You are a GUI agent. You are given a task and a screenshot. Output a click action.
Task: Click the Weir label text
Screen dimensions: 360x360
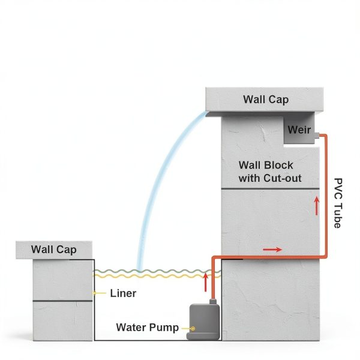[x=299, y=130]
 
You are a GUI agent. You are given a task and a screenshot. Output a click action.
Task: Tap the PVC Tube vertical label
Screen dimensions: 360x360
[x=338, y=203]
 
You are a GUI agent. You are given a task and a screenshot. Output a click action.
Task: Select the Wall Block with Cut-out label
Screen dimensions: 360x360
[x=270, y=172]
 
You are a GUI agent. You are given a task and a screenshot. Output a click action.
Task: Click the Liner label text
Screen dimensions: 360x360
[x=123, y=293]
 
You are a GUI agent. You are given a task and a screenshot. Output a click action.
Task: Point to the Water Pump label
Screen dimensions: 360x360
[x=148, y=328]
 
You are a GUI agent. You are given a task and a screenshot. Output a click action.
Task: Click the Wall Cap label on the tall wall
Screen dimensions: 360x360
[x=266, y=100]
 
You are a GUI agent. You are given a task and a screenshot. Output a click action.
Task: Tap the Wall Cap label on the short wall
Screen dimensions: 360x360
[x=54, y=250]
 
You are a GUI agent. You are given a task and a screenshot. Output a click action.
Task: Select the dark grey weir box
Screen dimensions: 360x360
[x=299, y=130]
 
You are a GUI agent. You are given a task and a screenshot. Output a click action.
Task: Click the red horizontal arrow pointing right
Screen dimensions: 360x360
[x=272, y=250]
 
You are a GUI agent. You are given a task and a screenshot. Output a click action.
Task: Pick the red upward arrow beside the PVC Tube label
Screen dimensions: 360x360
[x=317, y=206]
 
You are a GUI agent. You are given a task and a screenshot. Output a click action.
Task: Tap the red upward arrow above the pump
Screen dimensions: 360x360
[x=205, y=283]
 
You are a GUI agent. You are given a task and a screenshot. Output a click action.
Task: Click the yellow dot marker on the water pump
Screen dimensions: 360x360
[x=193, y=329]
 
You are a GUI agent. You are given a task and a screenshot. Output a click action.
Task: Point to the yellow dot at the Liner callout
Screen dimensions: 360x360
[x=94, y=293]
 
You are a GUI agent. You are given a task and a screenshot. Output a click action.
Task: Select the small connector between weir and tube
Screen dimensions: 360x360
[x=317, y=136]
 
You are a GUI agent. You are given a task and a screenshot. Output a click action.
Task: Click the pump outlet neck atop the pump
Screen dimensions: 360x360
[x=213, y=301]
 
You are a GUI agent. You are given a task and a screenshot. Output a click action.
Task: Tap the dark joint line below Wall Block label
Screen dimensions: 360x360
[x=270, y=189]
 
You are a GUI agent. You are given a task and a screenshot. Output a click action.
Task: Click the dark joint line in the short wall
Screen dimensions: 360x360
[x=62, y=301]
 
